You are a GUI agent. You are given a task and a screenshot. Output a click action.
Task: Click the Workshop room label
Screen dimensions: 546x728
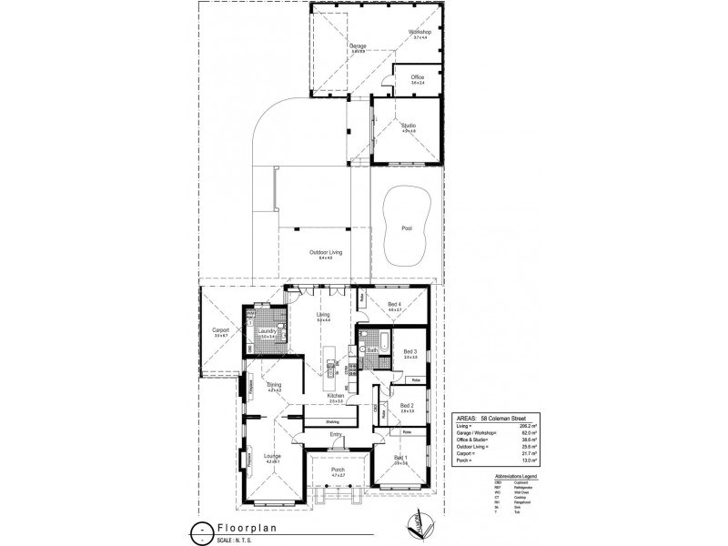pos(420,32)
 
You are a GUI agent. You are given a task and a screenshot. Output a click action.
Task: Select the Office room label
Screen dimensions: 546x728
pos(418,77)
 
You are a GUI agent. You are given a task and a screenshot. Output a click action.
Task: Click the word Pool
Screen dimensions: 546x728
pos(407,228)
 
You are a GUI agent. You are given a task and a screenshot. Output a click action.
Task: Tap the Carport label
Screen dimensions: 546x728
pos(220,330)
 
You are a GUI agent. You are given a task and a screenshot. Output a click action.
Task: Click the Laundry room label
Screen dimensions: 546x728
pos(267,331)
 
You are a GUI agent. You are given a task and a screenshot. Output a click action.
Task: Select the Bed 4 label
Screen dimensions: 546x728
pos(394,304)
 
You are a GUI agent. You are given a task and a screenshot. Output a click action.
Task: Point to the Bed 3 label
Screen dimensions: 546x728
pos(409,351)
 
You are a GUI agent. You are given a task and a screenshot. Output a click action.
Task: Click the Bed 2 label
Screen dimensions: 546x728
pos(407,405)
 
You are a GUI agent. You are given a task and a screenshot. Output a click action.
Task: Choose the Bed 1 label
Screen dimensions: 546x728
pos(400,457)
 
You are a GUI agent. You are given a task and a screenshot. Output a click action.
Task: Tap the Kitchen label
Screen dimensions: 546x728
pos(335,396)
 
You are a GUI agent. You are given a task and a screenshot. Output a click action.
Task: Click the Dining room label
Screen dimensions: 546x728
pos(274,385)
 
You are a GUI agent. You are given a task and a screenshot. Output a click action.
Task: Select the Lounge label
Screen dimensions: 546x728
pos(270,456)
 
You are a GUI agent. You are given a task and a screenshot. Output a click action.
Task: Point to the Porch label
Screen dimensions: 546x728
pos(338,470)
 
